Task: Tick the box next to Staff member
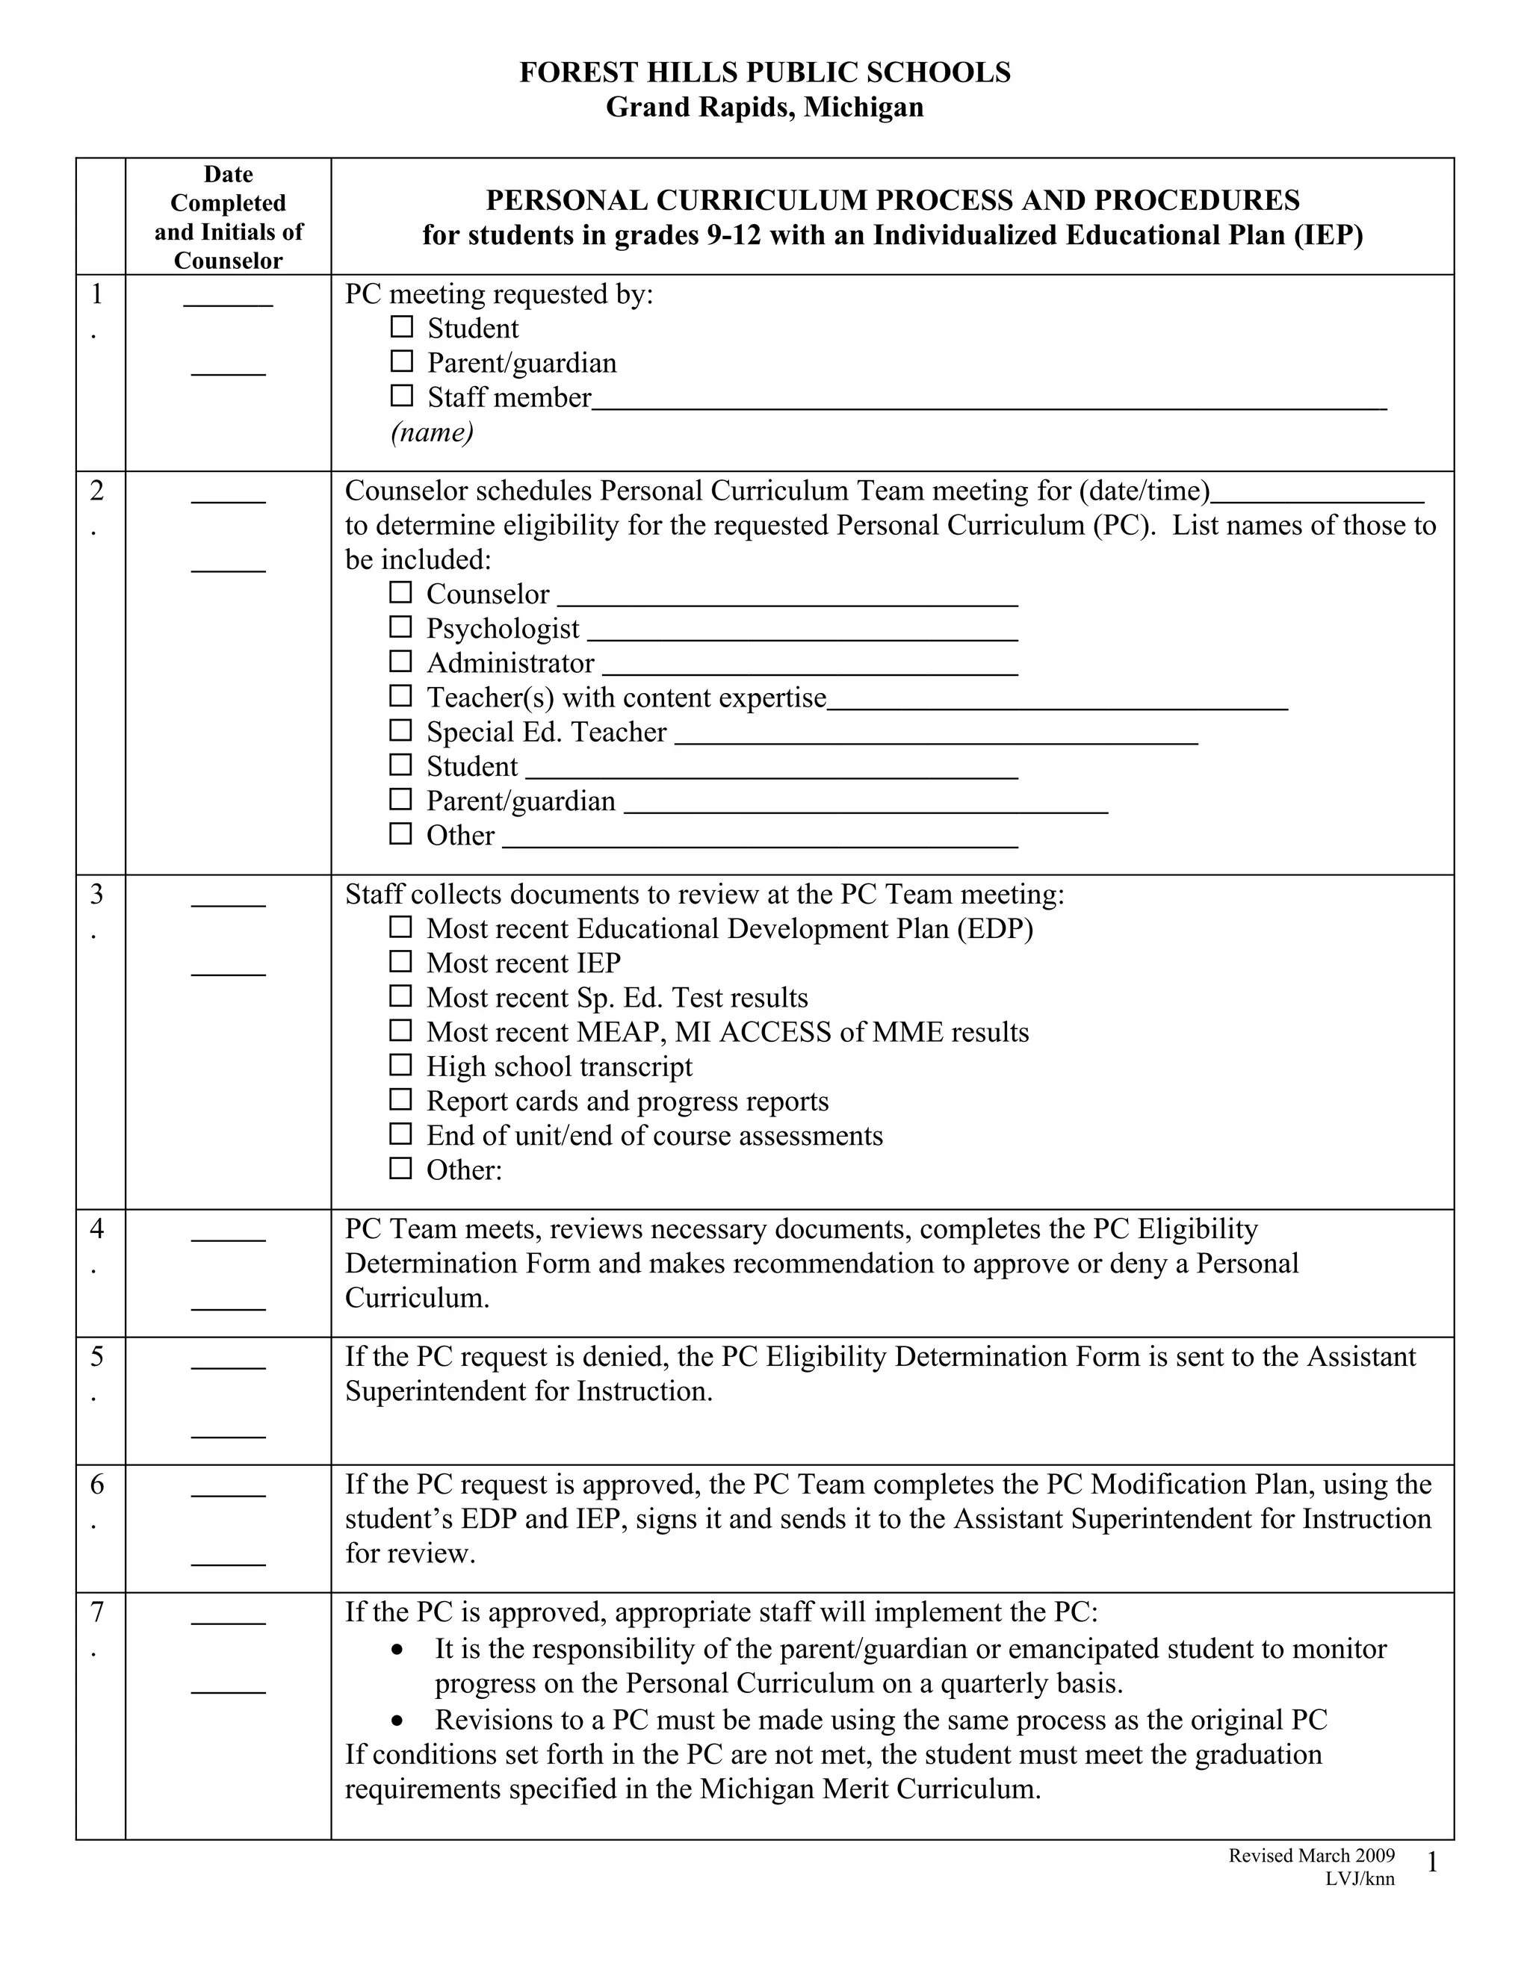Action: [x=400, y=395]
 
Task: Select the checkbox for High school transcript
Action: [x=400, y=1065]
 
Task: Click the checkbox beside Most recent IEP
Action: [x=400, y=960]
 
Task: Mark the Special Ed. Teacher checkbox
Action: [x=400, y=730]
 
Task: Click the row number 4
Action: [x=97, y=1228]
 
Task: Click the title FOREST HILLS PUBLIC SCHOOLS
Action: [x=764, y=72]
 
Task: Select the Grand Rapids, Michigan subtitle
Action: [x=764, y=107]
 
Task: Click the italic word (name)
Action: [x=433, y=432]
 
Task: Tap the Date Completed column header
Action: [x=229, y=217]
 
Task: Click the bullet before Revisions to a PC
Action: [x=397, y=1720]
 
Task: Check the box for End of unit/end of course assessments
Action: [x=400, y=1134]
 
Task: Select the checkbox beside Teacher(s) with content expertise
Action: [x=400, y=695]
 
